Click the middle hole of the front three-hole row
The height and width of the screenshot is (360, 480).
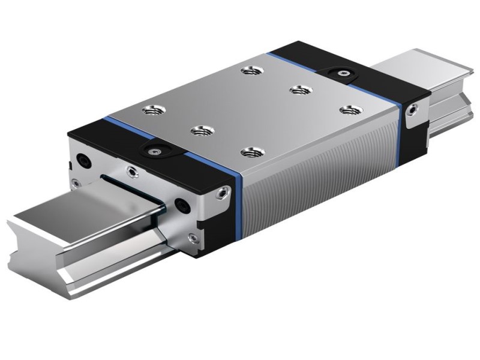tap(199, 130)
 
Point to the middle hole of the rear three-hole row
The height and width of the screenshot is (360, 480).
tap(298, 90)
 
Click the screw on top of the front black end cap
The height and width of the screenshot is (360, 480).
tap(155, 152)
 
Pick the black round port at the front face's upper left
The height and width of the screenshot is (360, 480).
tap(82, 160)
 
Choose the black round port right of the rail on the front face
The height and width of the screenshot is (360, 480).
tap(181, 206)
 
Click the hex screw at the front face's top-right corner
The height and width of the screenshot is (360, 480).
tap(223, 193)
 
